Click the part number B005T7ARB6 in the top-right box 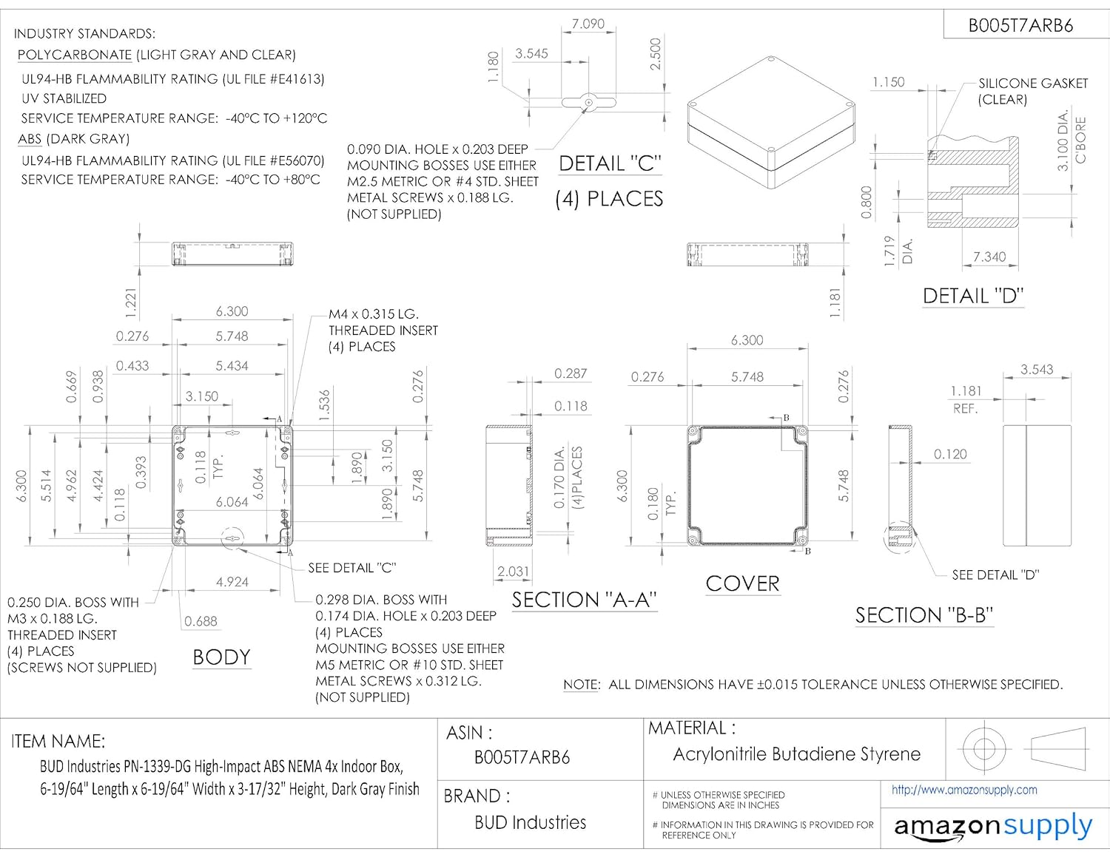(1020, 26)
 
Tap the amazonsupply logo (993, 826)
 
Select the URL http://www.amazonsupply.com (964, 790)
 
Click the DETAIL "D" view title (972, 297)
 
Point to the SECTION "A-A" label (584, 600)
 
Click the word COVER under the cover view (742, 583)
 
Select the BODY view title (221, 657)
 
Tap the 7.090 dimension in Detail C (588, 24)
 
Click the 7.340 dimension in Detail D (989, 257)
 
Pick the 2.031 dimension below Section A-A (513, 572)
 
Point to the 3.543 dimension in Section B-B (1036, 369)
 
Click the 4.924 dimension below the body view (232, 582)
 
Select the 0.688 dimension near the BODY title (201, 621)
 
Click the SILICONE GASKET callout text (1032, 91)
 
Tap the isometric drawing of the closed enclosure (773, 122)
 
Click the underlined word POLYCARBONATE (75, 55)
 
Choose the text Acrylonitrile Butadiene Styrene (796, 754)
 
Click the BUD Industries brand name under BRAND (530, 822)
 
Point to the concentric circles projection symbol (983, 748)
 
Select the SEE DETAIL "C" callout (351, 568)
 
